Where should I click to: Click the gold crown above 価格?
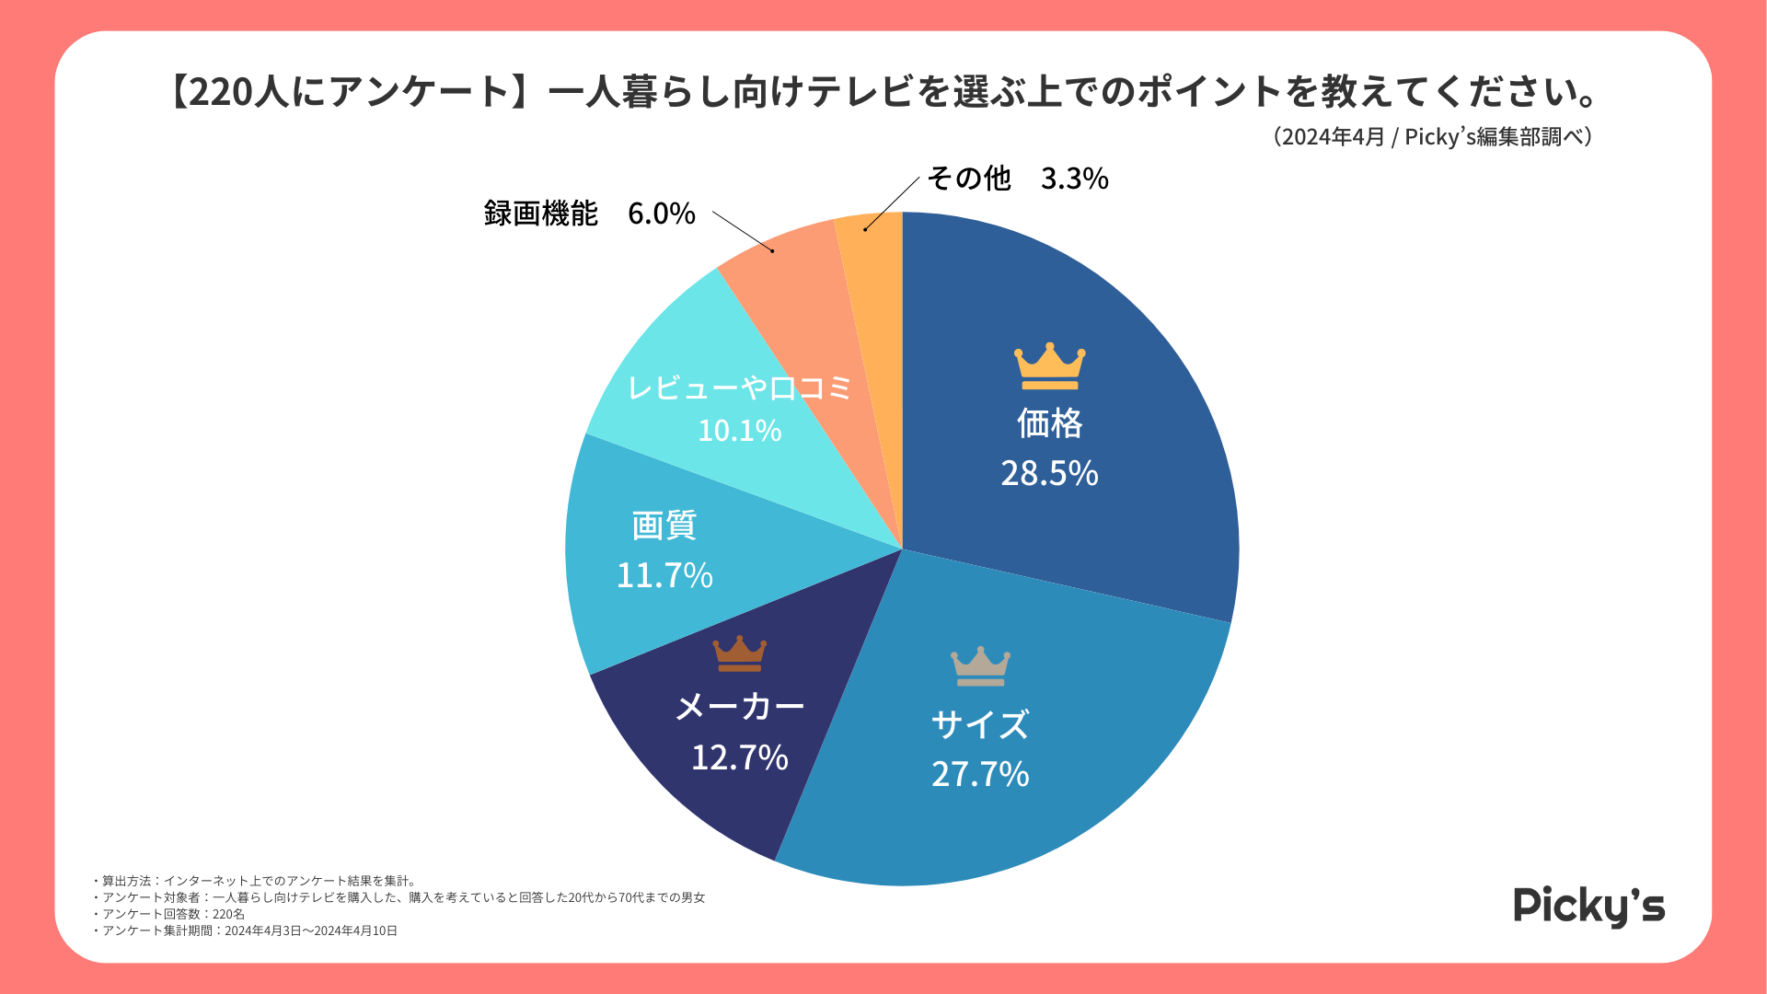pos(1049,366)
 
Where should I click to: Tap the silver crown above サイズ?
pos(980,666)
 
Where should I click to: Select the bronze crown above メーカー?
pos(739,653)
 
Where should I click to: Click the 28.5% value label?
pos(1049,473)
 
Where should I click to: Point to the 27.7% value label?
pos(980,774)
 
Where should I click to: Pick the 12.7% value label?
pos(739,757)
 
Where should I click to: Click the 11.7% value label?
pos(664,575)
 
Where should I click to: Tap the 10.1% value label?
pos(739,430)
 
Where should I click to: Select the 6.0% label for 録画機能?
pos(661,214)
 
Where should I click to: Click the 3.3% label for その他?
pos(1074,179)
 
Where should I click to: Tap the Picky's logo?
pos(1588,907)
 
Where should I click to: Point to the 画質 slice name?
pos(664,526)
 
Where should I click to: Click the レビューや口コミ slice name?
pos(739,387)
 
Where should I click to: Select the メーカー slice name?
pos(739,707)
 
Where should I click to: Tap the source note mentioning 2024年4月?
pos(1433,137)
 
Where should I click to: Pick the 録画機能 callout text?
pos(541,214)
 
